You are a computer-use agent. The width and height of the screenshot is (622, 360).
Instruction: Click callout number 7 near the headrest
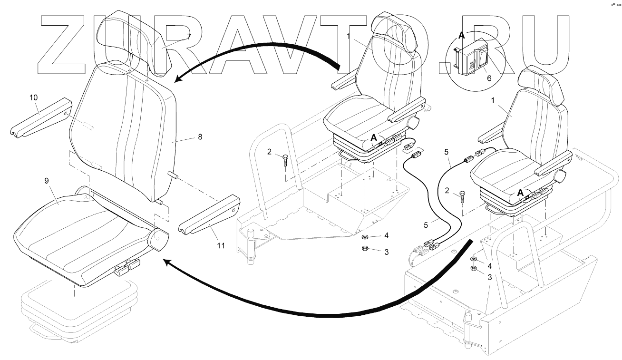tap(189, 36)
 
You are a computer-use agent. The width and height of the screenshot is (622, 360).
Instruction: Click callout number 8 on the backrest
tap(200, 136)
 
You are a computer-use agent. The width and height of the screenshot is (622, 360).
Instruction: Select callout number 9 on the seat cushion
tap(47, 181)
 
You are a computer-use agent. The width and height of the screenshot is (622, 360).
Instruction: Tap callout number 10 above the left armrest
tap(33, 97)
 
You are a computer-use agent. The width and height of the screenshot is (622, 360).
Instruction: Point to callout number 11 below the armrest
tap(220, 245)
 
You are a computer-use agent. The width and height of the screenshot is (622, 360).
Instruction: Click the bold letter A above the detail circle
tap(461, 34)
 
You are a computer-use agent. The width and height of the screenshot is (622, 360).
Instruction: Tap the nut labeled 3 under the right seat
tap(474, 269)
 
